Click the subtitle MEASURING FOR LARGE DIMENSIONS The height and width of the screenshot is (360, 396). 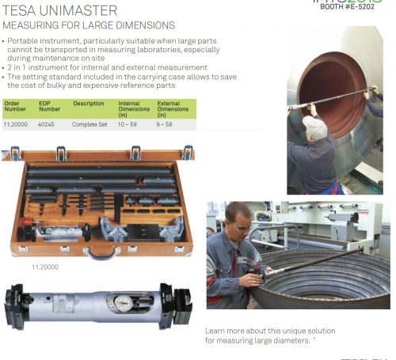(x=89, y=26)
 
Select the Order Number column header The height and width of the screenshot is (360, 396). (x=15, y=107)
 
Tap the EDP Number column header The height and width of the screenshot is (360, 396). (x=50, y=107)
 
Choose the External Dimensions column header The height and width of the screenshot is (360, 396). (x=173, y=109)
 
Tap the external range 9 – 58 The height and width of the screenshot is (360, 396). (x=166, y=124)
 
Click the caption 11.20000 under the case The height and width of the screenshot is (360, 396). (x=45, y=267)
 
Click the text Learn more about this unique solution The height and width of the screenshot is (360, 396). (x=270, y=331)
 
